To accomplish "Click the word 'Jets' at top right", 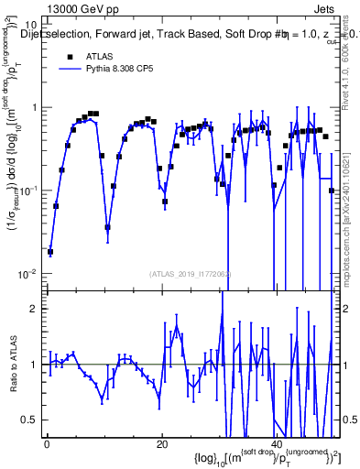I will coord(325,8).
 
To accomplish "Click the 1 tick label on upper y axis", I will coord(33,107).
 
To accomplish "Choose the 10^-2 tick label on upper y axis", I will coord(28,273).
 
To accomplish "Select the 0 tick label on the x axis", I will coord(47,444).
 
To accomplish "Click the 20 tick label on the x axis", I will coord(162,444).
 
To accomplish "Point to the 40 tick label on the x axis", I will coord(277,444).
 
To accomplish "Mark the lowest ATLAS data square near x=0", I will coord(50,252).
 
